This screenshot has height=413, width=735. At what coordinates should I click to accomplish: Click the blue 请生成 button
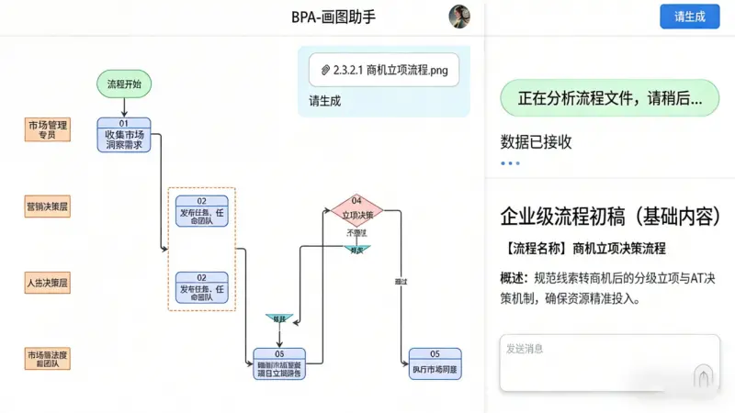[x=689, y=17]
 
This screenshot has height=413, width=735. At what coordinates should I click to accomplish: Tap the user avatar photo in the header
[x=458, y=17]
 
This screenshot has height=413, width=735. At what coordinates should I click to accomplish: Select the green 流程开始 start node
[x=124, y=84]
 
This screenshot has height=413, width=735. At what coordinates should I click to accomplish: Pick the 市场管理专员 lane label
[x=48, y=129]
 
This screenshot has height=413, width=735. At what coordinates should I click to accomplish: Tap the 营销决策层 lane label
[x=48, y=208]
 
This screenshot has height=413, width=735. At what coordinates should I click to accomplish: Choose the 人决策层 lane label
[x=48, y=284]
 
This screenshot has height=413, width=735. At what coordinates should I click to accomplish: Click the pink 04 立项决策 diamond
[x=356, y=211]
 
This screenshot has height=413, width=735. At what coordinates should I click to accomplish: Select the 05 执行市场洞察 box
[x=435, y=363]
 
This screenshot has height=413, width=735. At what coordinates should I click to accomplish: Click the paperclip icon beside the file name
[x=325, y=69]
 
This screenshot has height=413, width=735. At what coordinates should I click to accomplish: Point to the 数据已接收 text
[x=536, y=141]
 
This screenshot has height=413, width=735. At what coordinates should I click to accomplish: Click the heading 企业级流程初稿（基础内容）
[x=610, y=217]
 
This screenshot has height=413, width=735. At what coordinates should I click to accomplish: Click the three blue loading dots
[x=510, y=163]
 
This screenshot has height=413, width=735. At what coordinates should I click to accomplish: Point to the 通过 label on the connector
[x=400, y=280]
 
